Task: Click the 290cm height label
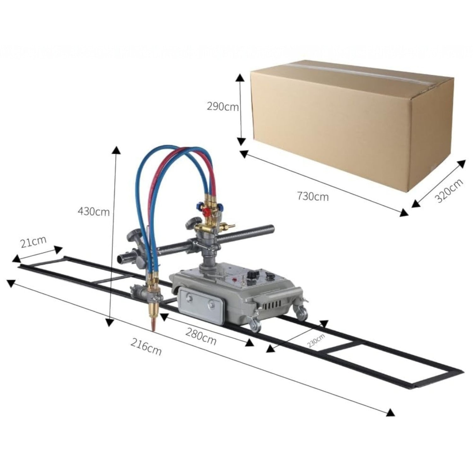pos(223,107)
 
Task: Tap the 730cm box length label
pos(313,196)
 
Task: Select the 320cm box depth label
pos(449,191)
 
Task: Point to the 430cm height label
pos(94,211)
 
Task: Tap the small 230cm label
pos(316,340)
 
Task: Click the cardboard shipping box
pos(347,126)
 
